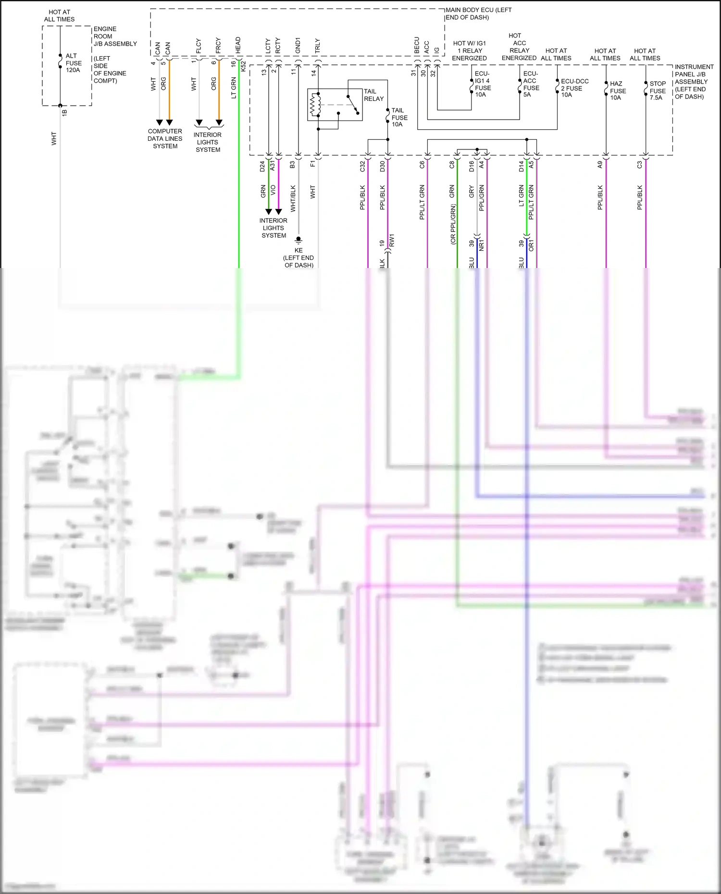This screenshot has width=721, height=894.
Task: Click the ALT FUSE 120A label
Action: tap(73, 63)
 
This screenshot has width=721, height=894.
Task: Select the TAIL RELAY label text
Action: tap(373, 95)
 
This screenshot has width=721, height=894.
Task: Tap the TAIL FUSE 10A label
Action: tap(399, 117)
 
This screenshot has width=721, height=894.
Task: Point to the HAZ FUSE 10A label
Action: tap(617, 90)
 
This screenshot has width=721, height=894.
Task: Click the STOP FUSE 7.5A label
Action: tap(657, 90)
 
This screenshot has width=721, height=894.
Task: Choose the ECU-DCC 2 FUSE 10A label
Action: tap(574, 88)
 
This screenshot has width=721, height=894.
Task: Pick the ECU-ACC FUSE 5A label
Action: tap(531, 84)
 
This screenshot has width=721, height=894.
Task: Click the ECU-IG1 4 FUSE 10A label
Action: tap(483, 84)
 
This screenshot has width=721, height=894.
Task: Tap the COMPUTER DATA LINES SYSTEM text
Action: tap(165, 138)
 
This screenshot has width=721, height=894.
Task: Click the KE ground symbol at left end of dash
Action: tap(298, 239)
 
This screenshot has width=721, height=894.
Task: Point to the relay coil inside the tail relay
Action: tap(315, 105)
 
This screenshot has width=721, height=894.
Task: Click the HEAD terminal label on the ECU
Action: tap(238, 46)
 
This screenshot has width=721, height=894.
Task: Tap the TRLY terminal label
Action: tap(317, 46)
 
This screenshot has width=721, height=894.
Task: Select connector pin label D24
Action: tap(262, 166)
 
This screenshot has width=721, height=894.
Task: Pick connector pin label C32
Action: tap(362, 166)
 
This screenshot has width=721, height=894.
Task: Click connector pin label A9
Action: tap(600, 164)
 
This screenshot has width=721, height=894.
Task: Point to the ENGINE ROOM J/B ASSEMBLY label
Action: tap(114, 36)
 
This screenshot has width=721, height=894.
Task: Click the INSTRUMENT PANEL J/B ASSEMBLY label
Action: tap(693, 82)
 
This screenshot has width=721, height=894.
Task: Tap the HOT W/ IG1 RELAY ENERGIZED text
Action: tap(469, 50)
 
